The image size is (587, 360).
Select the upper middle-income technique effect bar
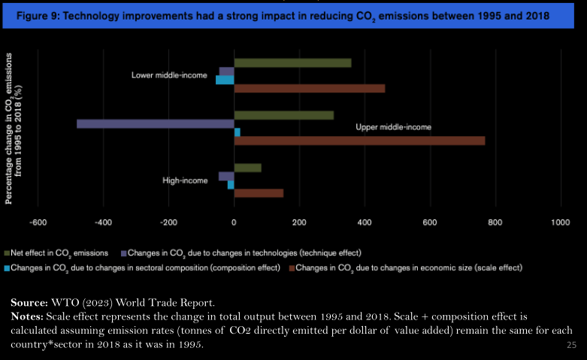coord(156,123)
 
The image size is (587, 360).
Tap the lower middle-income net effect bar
coord(292,62)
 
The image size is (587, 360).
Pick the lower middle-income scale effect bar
coord(309,89)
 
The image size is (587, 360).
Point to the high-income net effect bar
coord(247,168)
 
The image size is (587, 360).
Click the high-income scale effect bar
coord(259,193)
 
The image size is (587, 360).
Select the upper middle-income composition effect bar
coord(238,132)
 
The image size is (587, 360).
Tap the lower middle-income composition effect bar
coord(225,80)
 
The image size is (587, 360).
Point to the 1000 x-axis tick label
coord(560,222)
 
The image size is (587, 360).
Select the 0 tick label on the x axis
coord(234,222)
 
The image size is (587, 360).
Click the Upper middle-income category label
coord(393,128)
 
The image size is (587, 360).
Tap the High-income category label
coord(185,180)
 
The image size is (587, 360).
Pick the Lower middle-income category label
coord(169,75)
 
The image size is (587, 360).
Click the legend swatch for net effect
coord(8,253)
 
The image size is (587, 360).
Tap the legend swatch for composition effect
coord(8,268)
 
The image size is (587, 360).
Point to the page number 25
coord(570,345)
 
